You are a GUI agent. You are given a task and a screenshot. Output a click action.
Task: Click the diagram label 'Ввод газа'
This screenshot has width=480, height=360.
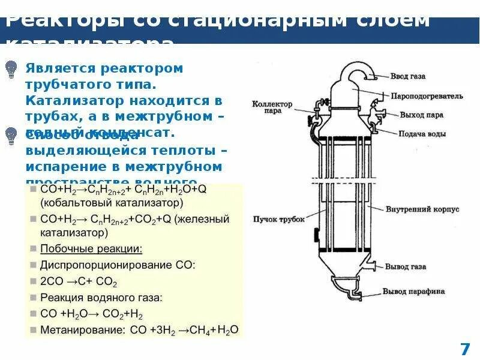click(x=407, y=77)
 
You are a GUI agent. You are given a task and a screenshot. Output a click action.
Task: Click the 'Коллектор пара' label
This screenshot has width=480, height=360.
click(x=272, y=107)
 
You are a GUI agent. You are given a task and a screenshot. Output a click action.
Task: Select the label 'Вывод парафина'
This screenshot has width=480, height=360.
click(x=414, y=292)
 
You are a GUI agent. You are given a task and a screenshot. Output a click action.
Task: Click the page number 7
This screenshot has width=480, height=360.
click(x=464, y=349)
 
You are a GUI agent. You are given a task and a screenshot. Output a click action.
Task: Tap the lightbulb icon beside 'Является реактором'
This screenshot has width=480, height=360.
click(x=11, y=70)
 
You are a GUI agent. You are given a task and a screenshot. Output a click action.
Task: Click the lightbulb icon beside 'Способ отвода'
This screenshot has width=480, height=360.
click(x=11, y=137)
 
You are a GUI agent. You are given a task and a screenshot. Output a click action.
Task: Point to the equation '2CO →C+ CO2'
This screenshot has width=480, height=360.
click(x=79, y=281)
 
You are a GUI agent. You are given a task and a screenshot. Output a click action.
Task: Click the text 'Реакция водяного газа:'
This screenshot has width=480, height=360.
click(x=92, y=297)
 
